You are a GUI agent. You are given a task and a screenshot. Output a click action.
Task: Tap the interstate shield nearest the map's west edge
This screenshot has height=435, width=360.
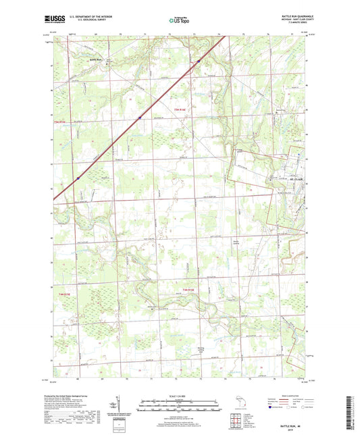(x=78, y=178)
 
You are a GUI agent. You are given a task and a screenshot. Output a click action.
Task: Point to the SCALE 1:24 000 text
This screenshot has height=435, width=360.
(x=180, y=396)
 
